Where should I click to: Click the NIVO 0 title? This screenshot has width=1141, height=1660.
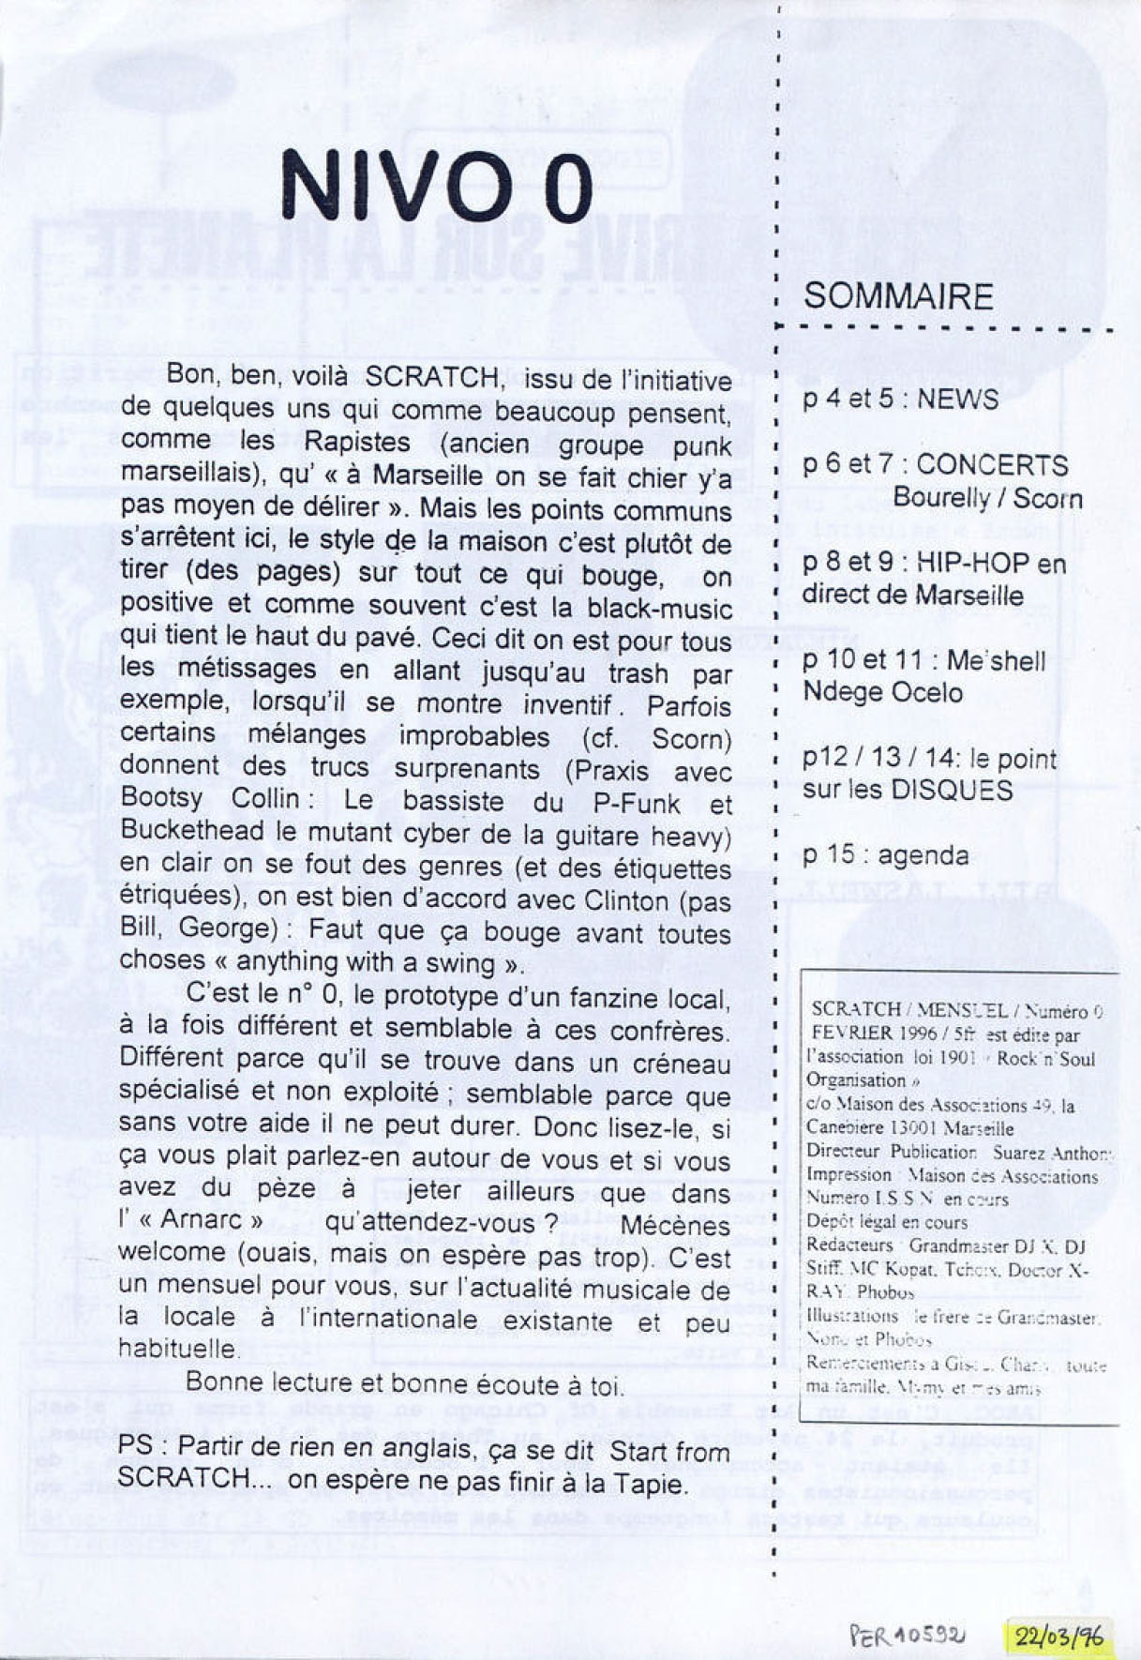pyautogui.click(x=437, y=186)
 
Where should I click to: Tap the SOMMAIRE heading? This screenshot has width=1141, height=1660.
pyautogui.click(x=898, y=296)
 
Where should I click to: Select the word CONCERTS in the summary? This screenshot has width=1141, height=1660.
pyautogui.click(x=992, y=465)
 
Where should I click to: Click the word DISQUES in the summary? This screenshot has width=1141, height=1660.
pyautogui.click(x=951, y=790)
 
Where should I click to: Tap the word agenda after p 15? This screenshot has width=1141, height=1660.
pyautogui.click(x=923, y=855)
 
